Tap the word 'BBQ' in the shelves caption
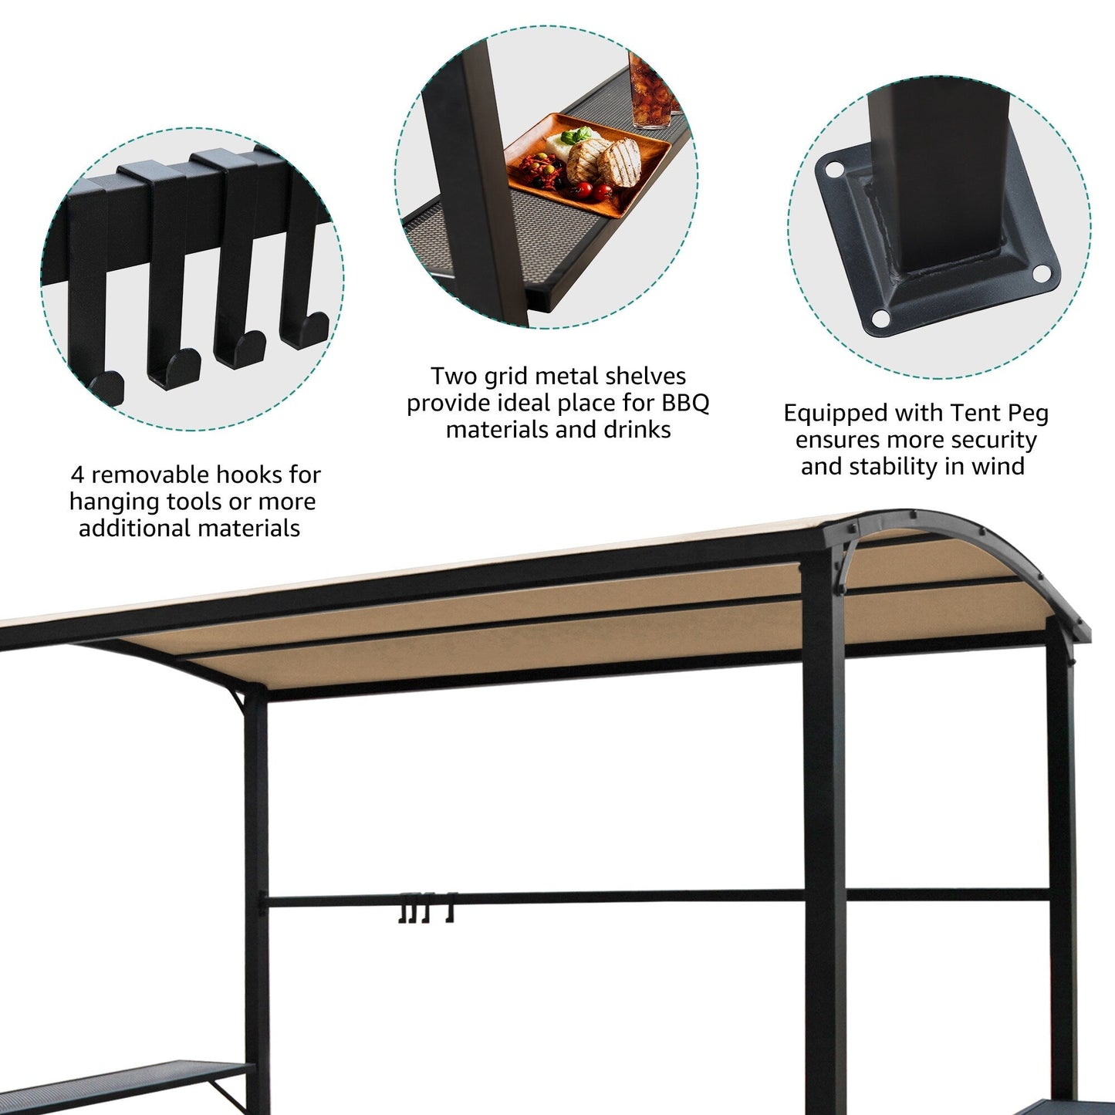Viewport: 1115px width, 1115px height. pos(685,403)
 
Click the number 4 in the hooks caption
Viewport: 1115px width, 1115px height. pos(77,475)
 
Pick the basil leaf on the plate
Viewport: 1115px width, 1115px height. pos(572,137)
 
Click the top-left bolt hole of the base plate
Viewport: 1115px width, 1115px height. pos(833,168)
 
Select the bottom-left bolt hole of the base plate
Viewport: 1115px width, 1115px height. pos(880,317)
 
